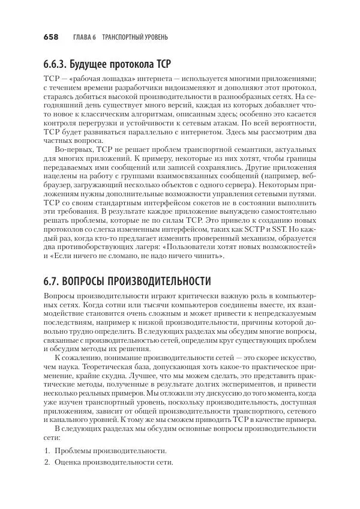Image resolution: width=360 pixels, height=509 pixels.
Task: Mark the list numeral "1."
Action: pyautogui.click(x=47, y=450)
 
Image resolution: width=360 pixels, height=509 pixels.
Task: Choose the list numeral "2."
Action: pyautogui.click(x=47, y=463)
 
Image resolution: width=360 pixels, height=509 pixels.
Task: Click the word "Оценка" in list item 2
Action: pyautogui.click(x=67, y=463)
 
